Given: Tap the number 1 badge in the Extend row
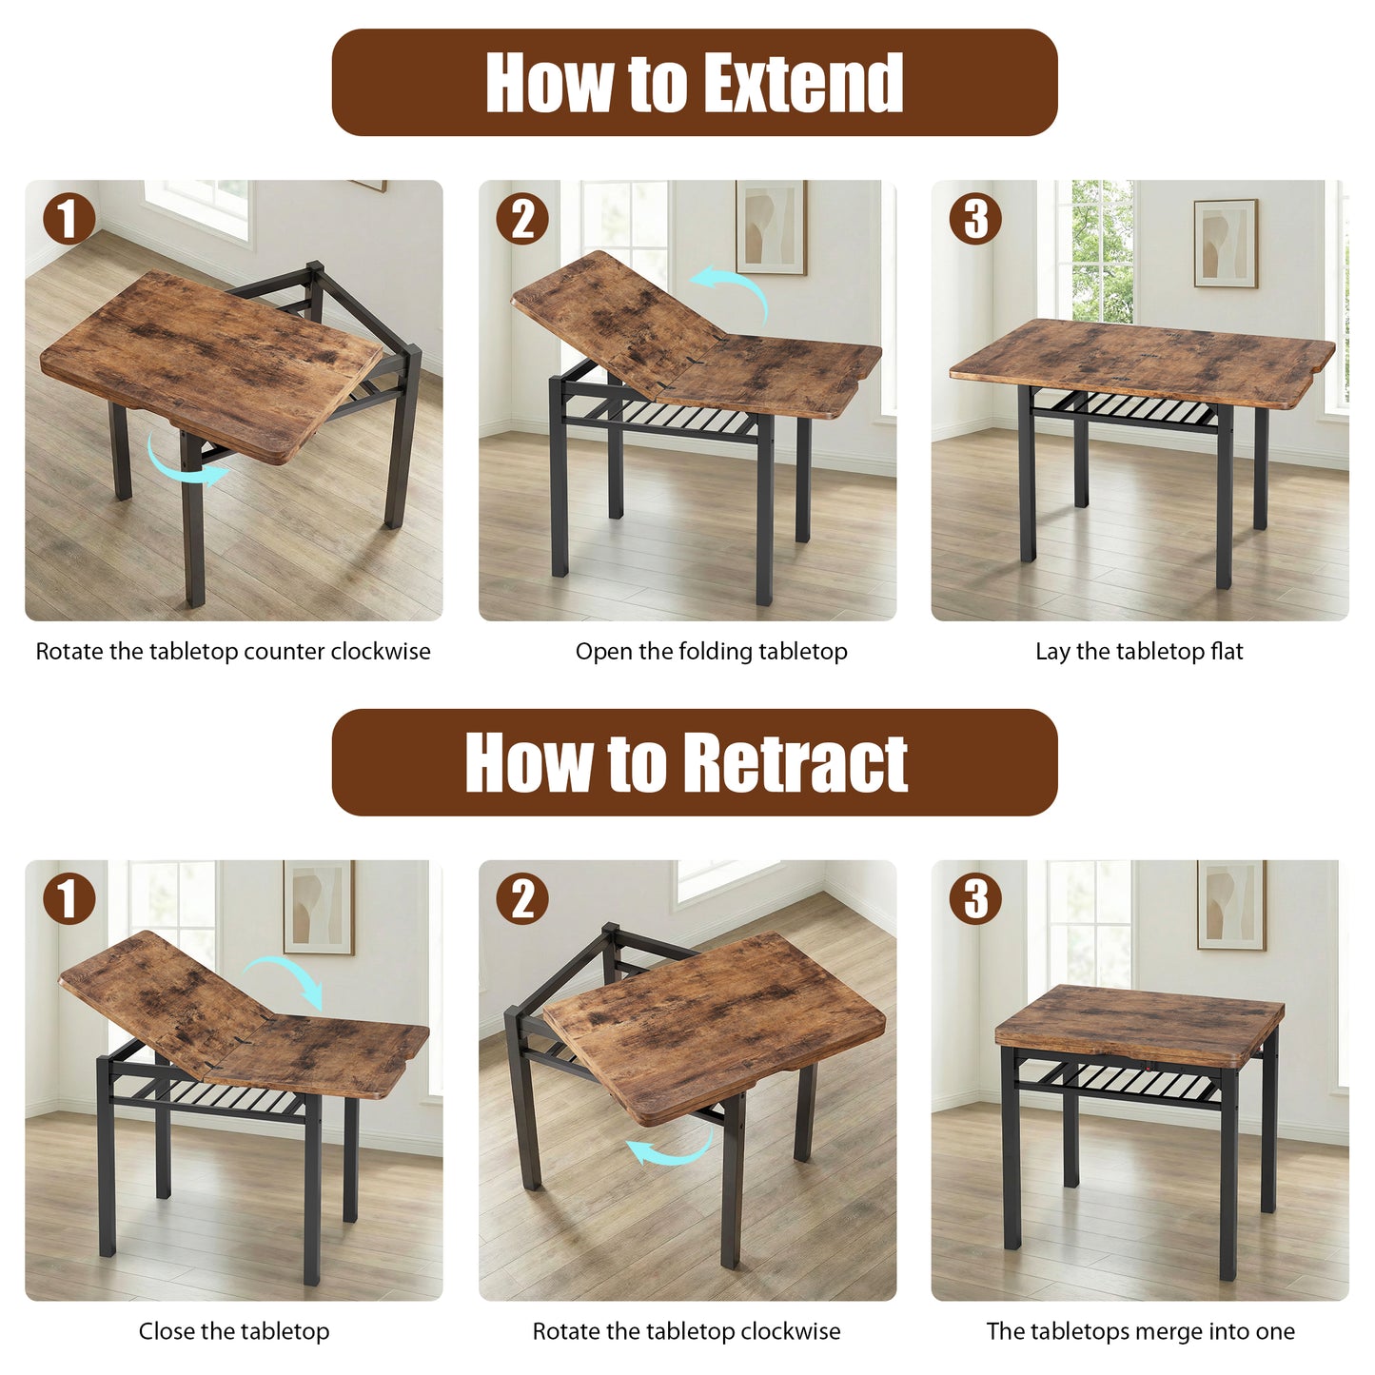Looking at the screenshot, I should [x=69, y=220].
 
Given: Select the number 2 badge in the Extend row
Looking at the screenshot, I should [x=522, y=220].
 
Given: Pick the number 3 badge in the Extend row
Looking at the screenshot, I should [x=975, y=220].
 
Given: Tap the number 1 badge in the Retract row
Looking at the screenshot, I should [x=69, y=899].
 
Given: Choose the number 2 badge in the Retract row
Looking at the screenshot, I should [x=522, y=899].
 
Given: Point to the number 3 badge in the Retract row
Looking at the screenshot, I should [x=975, y=899].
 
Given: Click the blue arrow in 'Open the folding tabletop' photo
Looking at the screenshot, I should [x=733, y=290].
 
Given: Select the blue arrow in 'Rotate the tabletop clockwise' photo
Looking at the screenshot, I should [x=671, y=1147].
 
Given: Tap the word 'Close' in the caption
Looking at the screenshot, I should [x=167, y=1331].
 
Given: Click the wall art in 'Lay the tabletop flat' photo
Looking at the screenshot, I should [x=1226, y=243].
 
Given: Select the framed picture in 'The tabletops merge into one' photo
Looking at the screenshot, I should [x=1231, y=904].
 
